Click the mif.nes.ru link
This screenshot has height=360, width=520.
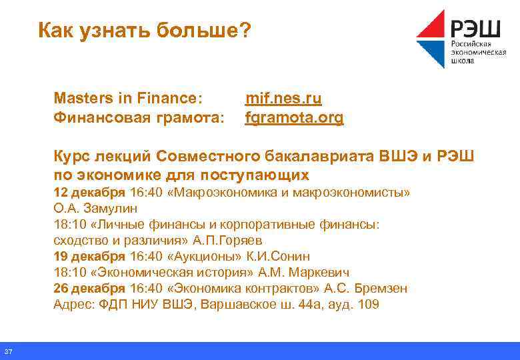point(283,99)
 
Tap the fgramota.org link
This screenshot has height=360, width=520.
point(294,119)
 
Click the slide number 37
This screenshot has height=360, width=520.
point(8,352)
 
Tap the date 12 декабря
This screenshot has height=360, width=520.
point(89,193)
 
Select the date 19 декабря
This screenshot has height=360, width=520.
point(89,257)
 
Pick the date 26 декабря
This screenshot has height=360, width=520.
point(89,289)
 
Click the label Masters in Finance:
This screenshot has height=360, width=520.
point(127,99)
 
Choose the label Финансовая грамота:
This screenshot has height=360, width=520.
point(138,119)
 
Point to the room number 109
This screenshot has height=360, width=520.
point(368,305)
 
